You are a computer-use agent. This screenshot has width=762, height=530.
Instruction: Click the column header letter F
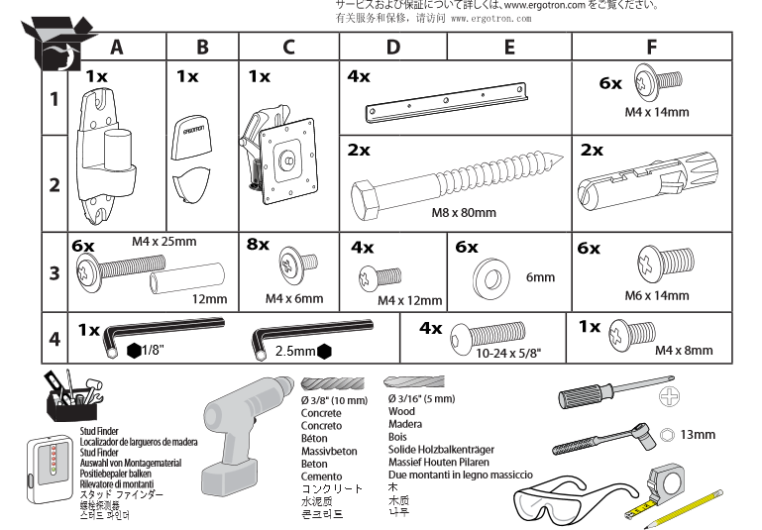[x=651, y=47]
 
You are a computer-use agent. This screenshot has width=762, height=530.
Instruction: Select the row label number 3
[x=54, y=272]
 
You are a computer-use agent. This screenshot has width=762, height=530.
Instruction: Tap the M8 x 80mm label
[x=464, y=212]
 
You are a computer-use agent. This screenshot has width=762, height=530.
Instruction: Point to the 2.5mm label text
[x=295, y=351]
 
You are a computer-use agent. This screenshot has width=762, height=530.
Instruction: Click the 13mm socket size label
[x=698, y=434]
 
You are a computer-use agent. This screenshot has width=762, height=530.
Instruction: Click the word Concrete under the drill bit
[x=321, y=413]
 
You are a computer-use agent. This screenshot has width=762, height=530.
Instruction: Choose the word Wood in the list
[x=401, y=411]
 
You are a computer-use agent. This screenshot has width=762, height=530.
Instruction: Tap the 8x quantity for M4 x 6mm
[x=258, y=245]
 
